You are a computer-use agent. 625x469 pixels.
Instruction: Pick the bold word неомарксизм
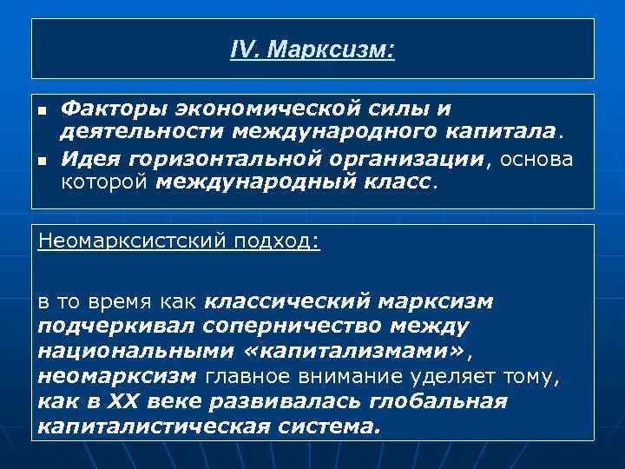(x=118, y=376)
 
